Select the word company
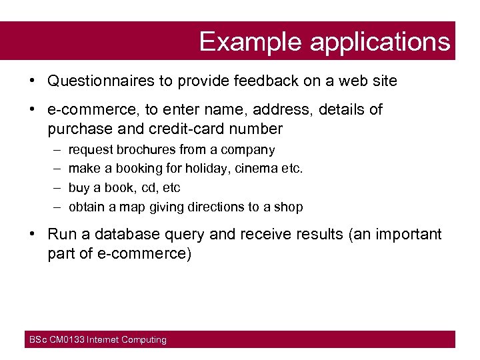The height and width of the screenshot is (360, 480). click(x=248, y=150)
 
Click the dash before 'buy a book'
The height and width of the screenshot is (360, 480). click(x=55, y=188)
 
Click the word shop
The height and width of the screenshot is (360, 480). click(x=288, y=207)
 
